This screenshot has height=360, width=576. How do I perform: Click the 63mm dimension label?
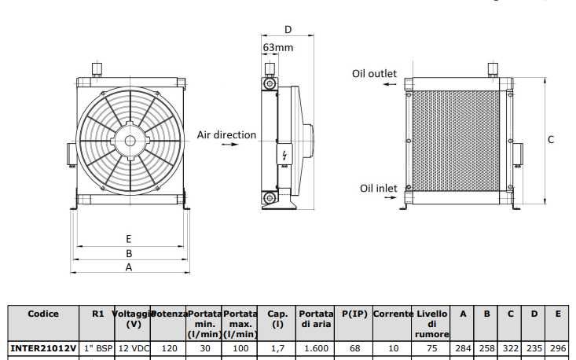(277, 47)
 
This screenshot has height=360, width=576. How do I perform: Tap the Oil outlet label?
(374, 73)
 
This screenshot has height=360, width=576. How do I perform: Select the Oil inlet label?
(378, 188)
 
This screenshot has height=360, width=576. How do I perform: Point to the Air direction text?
(226, 134)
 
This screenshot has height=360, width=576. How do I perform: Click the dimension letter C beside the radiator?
(551, 139)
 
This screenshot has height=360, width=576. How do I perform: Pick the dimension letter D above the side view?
(288, 30)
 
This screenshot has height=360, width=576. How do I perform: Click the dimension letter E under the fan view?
(128, 238)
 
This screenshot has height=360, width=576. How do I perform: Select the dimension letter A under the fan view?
(128, 266)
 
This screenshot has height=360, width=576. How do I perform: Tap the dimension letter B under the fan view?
(128, 253)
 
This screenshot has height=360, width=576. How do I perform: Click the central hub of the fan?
(128, 142)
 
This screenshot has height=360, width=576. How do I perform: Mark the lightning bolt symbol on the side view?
(284, 154)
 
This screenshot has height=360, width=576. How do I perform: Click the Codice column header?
(43, 314)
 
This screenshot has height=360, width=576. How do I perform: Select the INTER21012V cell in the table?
(43, 347)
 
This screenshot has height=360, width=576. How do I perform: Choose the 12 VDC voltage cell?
(134, 347)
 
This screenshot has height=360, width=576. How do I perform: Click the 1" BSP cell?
(98, 347)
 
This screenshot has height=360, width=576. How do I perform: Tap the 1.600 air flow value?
(316, 347)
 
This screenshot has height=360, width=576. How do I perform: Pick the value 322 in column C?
(510, 347)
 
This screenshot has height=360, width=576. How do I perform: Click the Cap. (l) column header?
(277, 318)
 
